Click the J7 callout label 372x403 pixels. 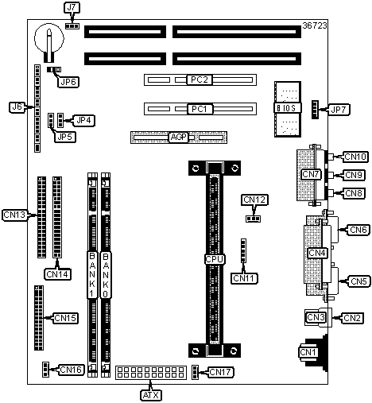click(72, 7)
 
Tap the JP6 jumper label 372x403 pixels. click(68, 82)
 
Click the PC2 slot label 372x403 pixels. click(200, 79)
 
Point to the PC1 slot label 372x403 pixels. click(200, 109)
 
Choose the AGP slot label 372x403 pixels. click(179, 138)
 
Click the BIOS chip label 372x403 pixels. click(288, 108)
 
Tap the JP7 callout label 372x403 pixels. click(339, 110)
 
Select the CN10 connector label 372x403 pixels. click(355, 157)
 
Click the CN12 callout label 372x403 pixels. click(254, 200)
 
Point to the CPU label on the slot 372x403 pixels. click(215, 259)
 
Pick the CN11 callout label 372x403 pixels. click(244, 278)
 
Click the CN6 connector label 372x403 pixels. click(358, 230)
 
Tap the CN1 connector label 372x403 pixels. click(308, 352)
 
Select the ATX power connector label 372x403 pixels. click(151, 395)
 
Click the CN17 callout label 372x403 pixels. click(221, 372)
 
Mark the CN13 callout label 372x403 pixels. click(14, 215)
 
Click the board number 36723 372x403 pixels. click(315, 25)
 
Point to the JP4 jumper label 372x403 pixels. click(83, 121)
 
